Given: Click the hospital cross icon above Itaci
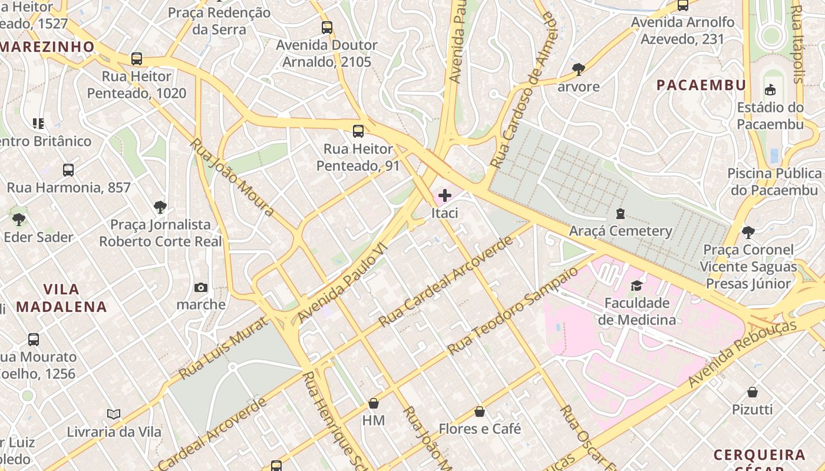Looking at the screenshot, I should click(445, 195).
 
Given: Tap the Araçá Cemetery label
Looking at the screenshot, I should click(620, 231).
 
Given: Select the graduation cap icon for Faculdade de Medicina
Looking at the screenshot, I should click(636, 286).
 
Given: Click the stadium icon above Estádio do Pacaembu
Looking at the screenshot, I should click(770, 89).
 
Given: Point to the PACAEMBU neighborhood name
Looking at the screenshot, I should click(701, 85).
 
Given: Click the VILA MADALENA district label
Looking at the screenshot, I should click(61, 298).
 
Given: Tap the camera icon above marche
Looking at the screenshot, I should click(201, 287).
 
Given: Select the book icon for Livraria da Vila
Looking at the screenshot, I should click(114, 414).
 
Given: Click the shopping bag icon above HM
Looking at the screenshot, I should click(373, 403).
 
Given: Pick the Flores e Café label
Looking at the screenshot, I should click(480, 429).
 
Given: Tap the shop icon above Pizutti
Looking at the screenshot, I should click(752, 392).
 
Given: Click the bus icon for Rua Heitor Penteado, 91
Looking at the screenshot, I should click(358, 131).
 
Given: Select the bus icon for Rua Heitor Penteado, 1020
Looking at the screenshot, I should click(137, 59).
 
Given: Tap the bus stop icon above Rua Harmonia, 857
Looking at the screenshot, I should click(68, 170).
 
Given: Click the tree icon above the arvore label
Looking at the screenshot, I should click(579, 69).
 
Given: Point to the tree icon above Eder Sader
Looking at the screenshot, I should click(19, 220).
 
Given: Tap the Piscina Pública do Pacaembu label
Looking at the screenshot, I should click(774, 181).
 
